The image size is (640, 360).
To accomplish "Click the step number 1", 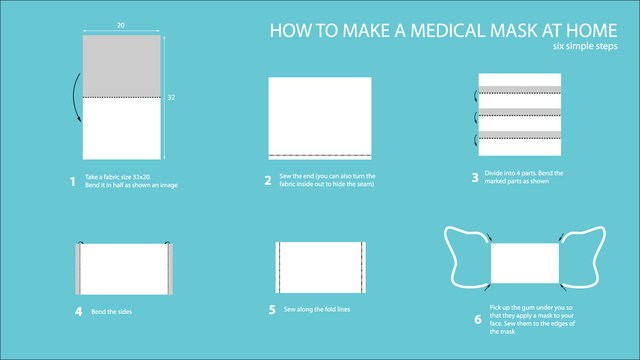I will tap(72, 181).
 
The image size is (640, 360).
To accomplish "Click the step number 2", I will tap(268, 181).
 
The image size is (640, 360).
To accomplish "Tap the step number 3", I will tap(474, 178).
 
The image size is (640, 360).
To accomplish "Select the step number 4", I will tap(78, 311).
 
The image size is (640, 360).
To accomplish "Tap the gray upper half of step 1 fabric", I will tap(119, 66).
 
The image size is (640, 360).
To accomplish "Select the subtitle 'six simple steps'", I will tap(587, 46).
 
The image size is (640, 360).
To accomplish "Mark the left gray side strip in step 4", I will tap(79, 267).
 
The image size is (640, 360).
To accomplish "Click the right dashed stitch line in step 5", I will tap(360, 267).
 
